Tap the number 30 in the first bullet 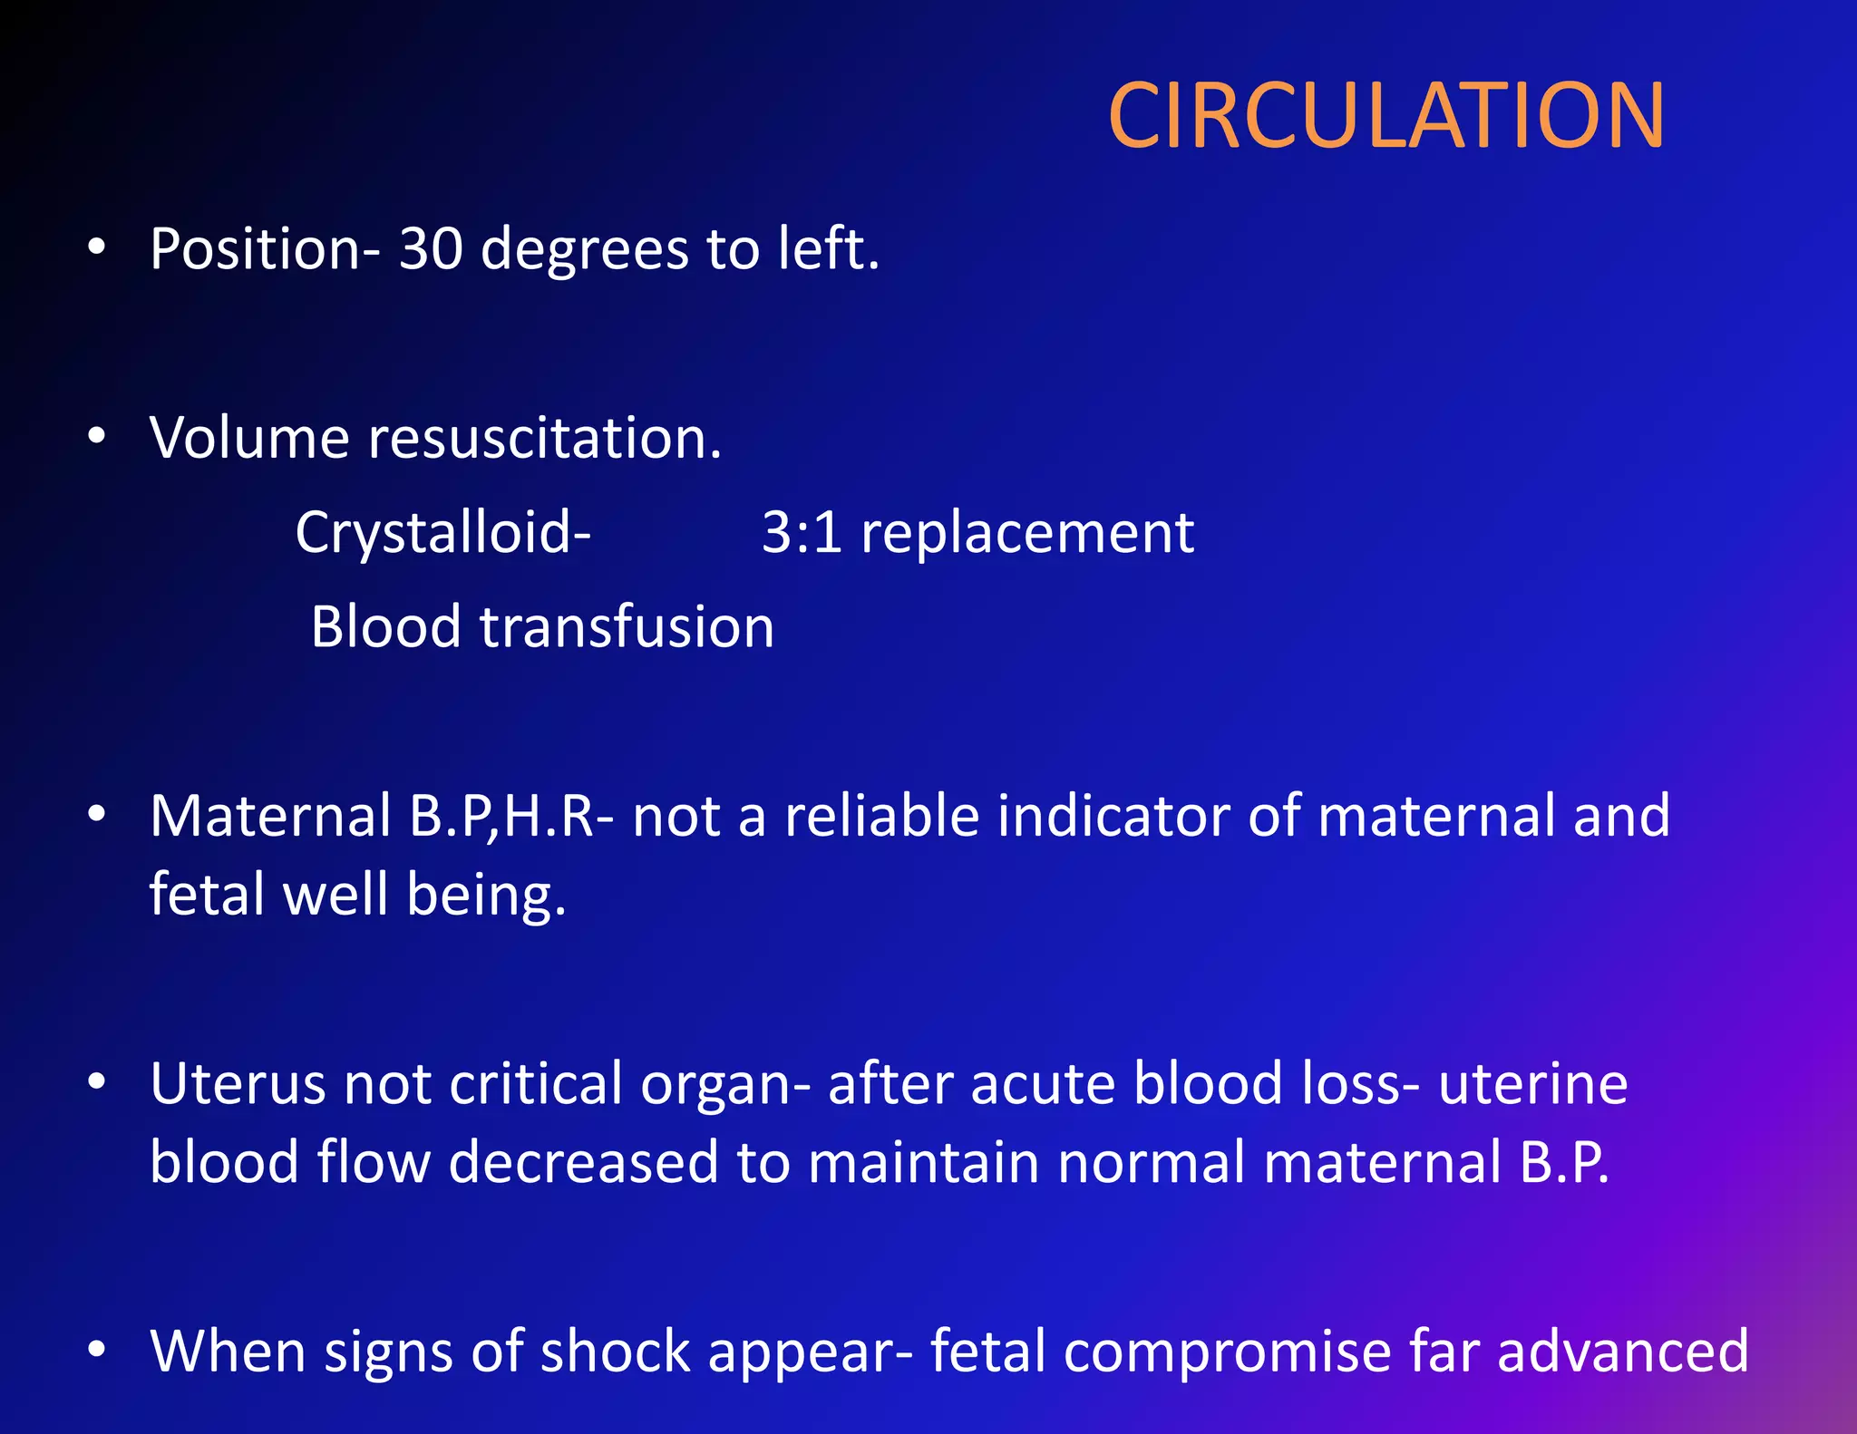coord(432,249)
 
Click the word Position coord(255,249)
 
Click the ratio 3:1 coord(802,532)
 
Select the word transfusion coord(627,627)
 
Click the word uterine coord(1533,1084)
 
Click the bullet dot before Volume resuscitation coord(97,437)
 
